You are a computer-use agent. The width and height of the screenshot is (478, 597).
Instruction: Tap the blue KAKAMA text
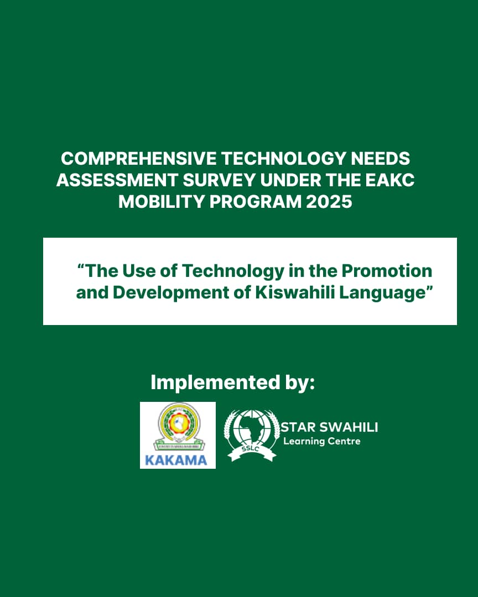click(x=176, y=460)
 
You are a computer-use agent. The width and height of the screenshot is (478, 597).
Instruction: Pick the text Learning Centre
click(x=321, y=441)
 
